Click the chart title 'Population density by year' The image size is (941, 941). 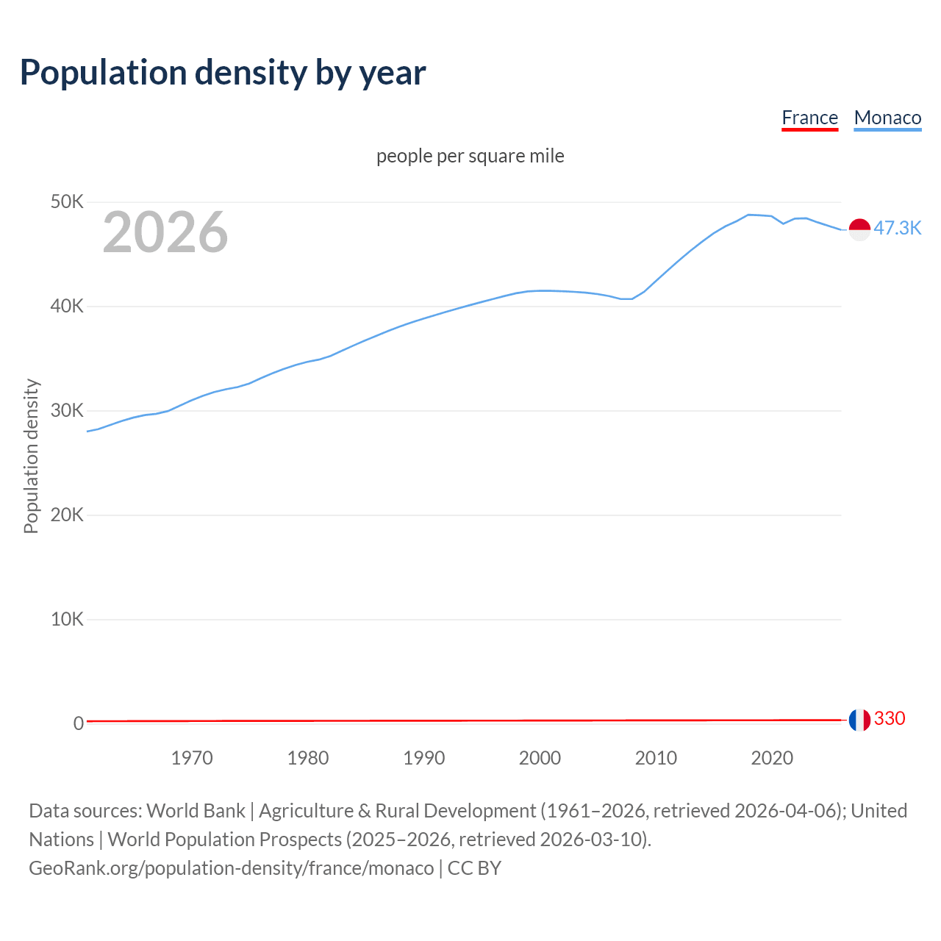(223, 72)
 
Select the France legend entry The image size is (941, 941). (809, 118)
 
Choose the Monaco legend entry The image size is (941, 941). (887, 118)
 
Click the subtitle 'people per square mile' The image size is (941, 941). (470, 156)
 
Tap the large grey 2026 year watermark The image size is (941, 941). (165, 232)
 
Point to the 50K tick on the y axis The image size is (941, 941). (67, 201)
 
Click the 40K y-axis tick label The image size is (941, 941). (67, 306)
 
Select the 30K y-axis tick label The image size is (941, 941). (67, 410)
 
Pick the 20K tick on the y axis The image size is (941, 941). (67, 515)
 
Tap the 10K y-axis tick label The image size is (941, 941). (67, 619)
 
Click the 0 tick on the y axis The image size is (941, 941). (78, 723)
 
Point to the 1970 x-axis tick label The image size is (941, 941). (192, 758)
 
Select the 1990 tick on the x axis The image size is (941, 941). (424, 758)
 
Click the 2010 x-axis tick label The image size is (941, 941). (656, 758)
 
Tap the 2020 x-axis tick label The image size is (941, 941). (772, 758)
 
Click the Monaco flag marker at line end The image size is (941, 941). (859, 229)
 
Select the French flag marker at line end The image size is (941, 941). (859, 720)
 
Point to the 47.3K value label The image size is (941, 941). (897, 228)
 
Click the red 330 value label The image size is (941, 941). (890, 718)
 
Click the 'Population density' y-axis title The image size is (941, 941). (31, 456)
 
